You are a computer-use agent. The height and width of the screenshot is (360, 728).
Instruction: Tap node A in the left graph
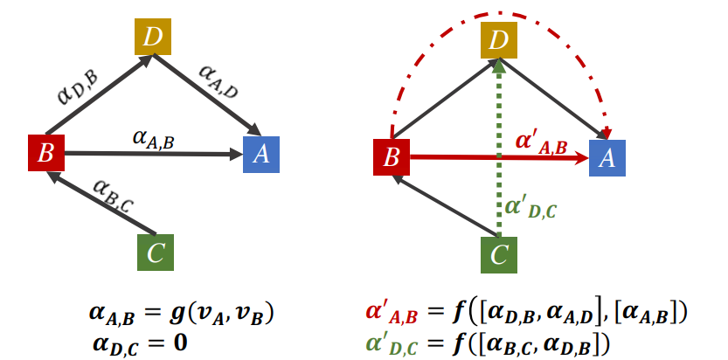click(x=260, y=154)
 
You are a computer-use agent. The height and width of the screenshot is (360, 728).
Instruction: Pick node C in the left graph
click(x=155, y=253)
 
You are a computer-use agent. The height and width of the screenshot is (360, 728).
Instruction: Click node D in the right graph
click(x=498, y=38)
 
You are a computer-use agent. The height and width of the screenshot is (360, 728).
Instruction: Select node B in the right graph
click(x=392, y=157)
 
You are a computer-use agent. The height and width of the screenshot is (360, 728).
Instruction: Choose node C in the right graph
click(x=498, y=254)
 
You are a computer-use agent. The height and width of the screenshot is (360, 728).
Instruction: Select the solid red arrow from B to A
click(x=472, y=158)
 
